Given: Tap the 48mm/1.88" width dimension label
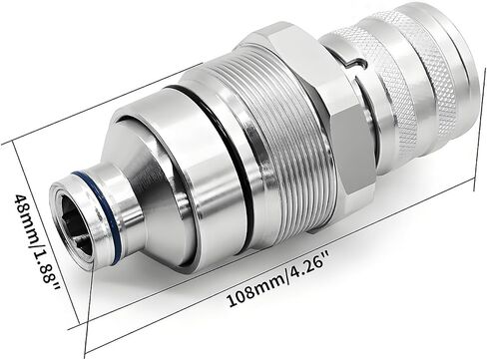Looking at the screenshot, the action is pos(36,245).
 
